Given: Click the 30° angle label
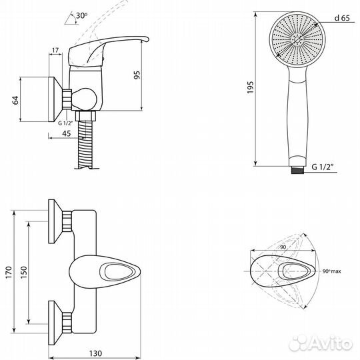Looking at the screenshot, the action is coord(82,15).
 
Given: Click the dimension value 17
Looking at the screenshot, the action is coord(55,50).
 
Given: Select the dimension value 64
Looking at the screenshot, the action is coord(15,100).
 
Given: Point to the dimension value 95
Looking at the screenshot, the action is coord(137,75).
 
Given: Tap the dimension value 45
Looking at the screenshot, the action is coord(67,133).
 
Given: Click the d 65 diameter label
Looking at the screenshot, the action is coord(342,18).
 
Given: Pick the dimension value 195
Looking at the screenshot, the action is coord(250,87).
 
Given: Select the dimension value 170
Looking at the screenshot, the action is coord(9,273).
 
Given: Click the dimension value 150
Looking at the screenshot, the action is coord(23,273).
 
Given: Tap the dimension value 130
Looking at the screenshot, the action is coord(95,353).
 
